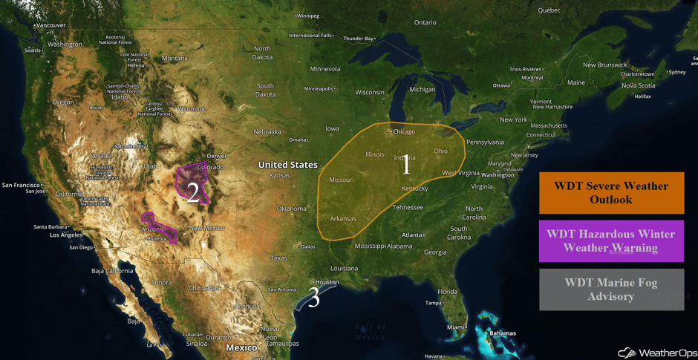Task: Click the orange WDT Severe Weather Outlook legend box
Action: tap(611, 192)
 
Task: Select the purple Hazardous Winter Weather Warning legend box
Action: tap(611, 240)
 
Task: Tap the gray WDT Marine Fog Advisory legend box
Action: tap(611, 289)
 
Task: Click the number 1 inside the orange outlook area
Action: tap(405, 166)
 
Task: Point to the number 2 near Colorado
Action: tap(193, 193)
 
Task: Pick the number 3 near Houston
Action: tap(314, 298)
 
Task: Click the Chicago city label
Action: tap(404, 132)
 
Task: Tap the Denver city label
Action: tap(217, 157)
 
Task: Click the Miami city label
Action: tap(456, 327)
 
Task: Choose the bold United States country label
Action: tap(287, 165)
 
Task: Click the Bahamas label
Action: tap(503, 333)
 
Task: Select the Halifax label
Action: tap(642, 96)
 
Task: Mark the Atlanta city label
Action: tap(413, 235)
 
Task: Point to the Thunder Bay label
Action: tap(359, 39)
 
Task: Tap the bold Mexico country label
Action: tap(241, 347)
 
